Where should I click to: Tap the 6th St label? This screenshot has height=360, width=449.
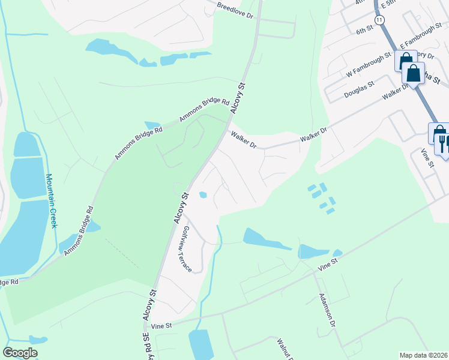[x=364, y=31]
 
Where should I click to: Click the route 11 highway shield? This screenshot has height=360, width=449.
[x=379, y=20]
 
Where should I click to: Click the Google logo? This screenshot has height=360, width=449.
[x=20, y=353]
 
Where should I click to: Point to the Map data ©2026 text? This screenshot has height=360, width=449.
[x=423, y=355]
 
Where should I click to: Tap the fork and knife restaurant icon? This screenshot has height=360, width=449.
[x=444, y=143]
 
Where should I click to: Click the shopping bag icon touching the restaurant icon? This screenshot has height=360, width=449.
[x=437, y=133]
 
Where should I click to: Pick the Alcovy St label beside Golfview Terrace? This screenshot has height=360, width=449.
[x=181, y=208]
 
